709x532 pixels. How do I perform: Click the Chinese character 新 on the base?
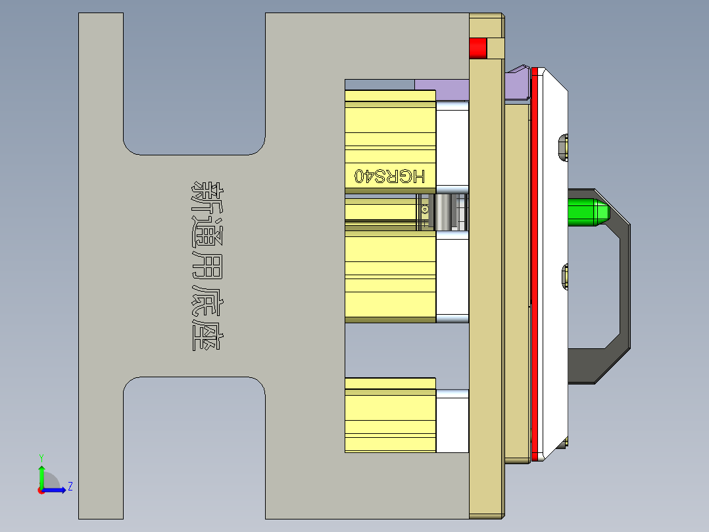tap(207, 196)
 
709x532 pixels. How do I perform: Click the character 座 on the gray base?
tap(207, 336)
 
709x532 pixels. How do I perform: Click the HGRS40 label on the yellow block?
tap(390, 176)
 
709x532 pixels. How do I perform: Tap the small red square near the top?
tap(477, 48)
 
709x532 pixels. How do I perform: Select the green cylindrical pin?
tap(587, 211)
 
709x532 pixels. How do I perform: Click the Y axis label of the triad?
tap(41, 457)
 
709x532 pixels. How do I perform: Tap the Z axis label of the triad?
tap(70, 487)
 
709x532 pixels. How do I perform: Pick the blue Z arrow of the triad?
tap(57, 489)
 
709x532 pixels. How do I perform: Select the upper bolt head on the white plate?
tap(563, 147)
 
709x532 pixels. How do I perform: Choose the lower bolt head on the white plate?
tap(564, 277)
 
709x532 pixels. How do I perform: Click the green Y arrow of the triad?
tap(41, 474)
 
